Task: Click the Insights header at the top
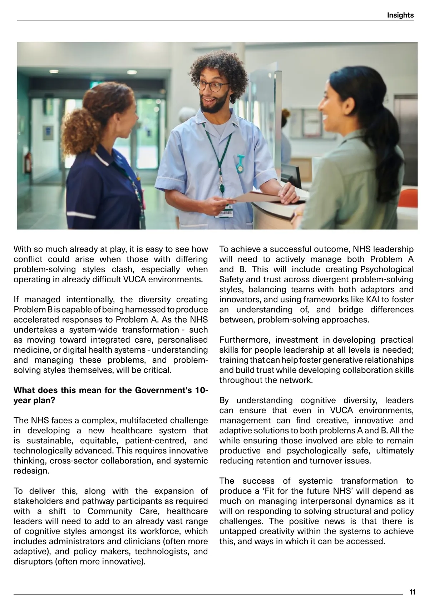400,15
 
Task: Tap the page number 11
412,592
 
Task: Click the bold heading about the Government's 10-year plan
110,395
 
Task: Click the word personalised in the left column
183,340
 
